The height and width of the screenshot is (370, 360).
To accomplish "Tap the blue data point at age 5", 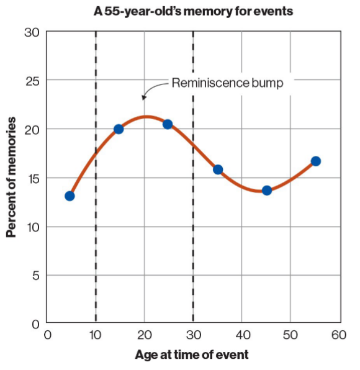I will [x=70, y=196].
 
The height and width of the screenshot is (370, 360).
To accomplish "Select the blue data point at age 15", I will [x=119, y=129].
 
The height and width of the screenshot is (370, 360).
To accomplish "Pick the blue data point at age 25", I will [x=167, y=124].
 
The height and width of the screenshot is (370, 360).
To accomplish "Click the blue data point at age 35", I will [x=218, y=169].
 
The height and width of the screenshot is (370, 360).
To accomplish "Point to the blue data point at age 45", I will [x=266, y=191].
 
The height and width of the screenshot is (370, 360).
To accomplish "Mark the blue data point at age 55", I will [x=315, y=161].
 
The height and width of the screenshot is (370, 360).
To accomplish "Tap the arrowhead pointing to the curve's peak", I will [x=144, y=97].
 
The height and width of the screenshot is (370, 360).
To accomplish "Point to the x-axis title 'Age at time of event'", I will [x=192, y=355].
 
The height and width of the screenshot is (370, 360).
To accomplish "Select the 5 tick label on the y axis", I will [x=36, y=275].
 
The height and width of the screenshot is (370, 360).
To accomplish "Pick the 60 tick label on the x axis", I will [x=339, y=336].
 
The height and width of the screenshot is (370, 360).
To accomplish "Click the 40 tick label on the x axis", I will [x=241, y=336].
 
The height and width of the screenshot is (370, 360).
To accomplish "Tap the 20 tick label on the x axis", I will [x=144, y=336].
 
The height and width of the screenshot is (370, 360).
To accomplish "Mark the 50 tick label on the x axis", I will [x=290, y=336].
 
